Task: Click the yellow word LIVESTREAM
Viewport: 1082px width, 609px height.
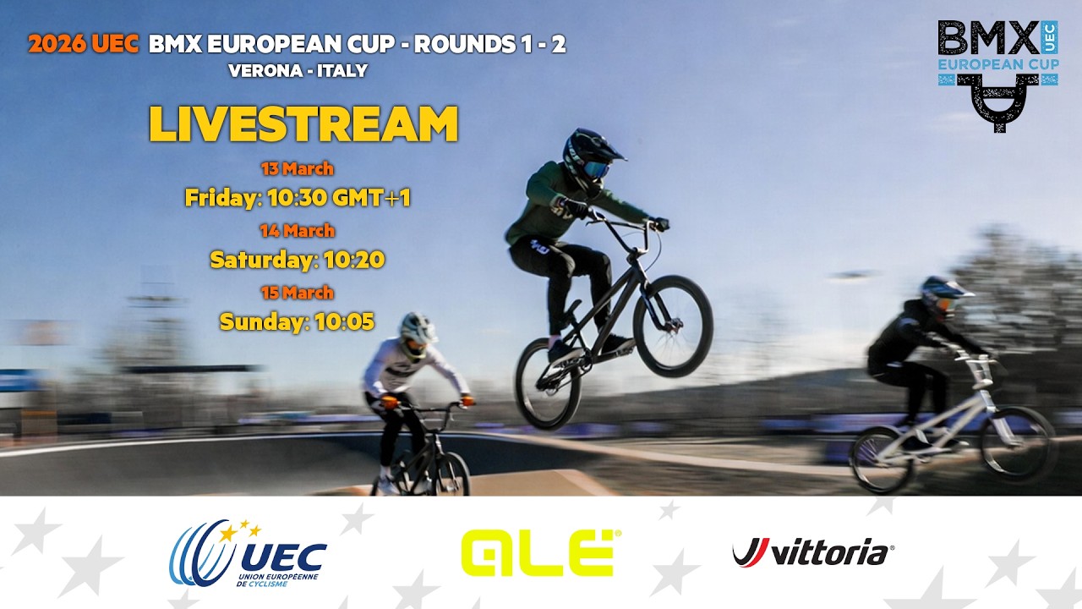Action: point(303,124)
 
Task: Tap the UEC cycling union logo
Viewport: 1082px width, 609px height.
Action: point(249,553)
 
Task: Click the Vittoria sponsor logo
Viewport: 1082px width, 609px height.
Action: point(812,553)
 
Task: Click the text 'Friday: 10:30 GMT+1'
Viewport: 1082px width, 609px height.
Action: point(298,198)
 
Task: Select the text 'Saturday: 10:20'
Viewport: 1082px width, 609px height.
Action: point(298,259)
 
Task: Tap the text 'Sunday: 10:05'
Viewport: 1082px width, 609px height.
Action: point(298,321)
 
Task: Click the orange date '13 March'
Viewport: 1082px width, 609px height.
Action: point(298,168)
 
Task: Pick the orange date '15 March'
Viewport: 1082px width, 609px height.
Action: point(298,293)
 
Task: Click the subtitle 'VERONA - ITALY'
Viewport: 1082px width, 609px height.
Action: point(298,71)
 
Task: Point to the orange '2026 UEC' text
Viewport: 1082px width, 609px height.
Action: point(83,45)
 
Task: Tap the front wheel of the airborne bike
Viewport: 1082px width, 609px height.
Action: point(673,326)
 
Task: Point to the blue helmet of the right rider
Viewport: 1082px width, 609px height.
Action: point(943,293)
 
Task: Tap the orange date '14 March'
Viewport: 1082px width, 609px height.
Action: point(298,230)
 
